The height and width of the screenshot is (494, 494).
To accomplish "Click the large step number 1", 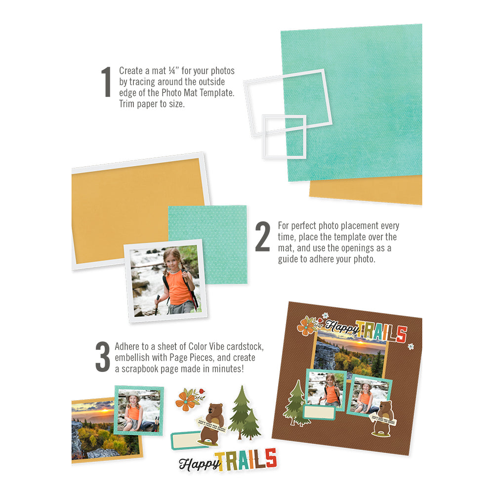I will (x=106, y=82).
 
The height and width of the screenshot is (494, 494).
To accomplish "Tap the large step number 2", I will (x=263, y=237).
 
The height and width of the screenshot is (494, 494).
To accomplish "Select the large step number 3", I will (x=102, y=356).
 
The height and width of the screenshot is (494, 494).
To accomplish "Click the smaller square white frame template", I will (x=284, y=136).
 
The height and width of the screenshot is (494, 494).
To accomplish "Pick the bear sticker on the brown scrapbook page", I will (x=383, y=417).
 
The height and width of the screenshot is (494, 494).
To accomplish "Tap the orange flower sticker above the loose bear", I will (x=188, y=400).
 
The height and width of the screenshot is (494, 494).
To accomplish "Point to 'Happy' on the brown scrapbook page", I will (x=339, y=328).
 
